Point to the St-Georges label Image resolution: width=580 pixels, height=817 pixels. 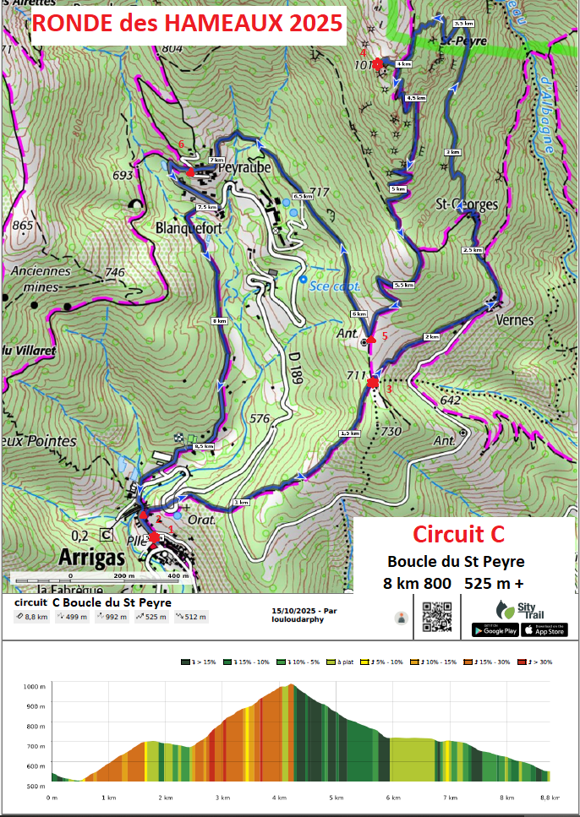466,204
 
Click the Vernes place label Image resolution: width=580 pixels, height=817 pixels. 516,320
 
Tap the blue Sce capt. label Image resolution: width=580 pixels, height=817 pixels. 337,286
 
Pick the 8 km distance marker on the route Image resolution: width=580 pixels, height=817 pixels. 219,321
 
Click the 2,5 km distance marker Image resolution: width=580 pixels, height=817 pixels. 472,250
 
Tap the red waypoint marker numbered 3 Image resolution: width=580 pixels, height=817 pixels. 373,384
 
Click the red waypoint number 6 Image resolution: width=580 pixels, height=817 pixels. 181,144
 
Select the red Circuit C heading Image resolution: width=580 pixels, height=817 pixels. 457,534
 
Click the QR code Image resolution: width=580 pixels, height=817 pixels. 436,618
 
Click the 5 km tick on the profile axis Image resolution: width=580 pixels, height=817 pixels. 337,797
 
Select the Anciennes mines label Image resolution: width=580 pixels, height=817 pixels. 42,278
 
